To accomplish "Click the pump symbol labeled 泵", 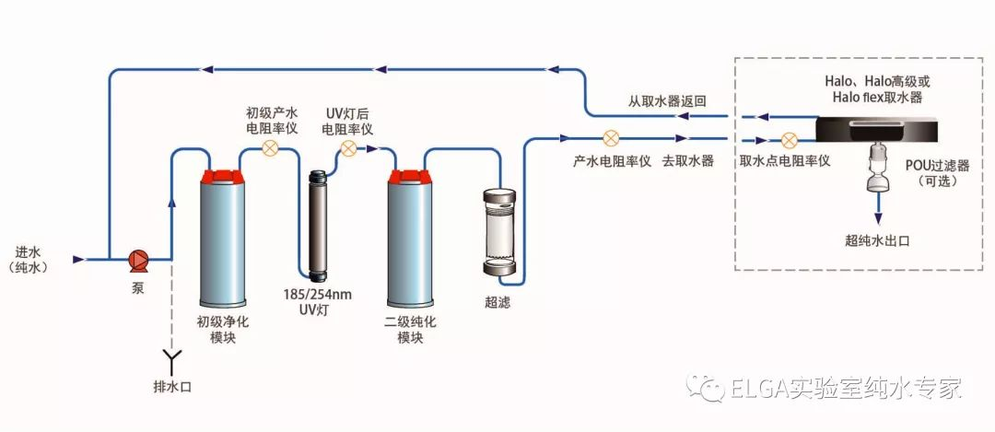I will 139,260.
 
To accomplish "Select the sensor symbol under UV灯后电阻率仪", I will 348,147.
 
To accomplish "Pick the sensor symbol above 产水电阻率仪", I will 611,139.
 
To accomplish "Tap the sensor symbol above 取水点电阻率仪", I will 789,142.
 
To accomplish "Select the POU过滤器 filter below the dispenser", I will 878,170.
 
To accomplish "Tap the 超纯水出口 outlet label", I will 877,240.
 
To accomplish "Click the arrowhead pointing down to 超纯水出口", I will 878,219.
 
